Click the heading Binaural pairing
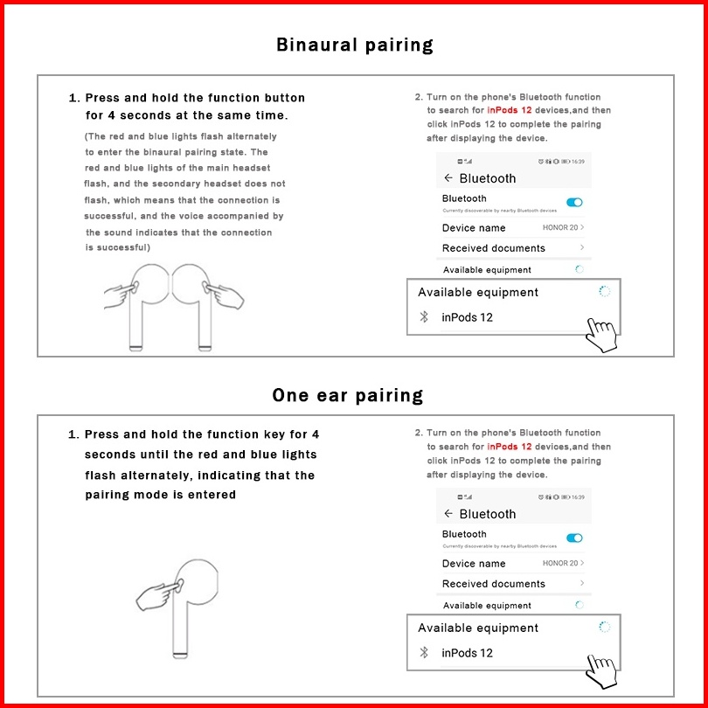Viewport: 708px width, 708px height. tap(354, 45)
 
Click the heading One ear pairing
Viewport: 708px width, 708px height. tap(348, 395)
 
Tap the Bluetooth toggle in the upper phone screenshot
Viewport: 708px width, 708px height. tap(574, 203)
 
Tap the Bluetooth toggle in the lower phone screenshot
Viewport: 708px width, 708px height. tap(574, 538)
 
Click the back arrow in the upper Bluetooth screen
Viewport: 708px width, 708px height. tap(448, 178)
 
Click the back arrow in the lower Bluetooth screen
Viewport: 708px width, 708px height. tap(448, 514)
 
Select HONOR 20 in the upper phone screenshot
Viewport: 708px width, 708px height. tap(560, 227)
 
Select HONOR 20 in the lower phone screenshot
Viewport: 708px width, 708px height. tap(560, 563)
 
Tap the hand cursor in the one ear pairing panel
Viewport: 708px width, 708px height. tap(601, 670)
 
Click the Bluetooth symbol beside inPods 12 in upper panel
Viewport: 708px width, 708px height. tap(425, 317)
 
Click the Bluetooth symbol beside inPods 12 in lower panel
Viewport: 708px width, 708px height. tap(425, 653)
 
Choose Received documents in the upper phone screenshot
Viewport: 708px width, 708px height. tap(494, 248)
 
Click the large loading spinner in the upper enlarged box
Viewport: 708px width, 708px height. tap(604, 291)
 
